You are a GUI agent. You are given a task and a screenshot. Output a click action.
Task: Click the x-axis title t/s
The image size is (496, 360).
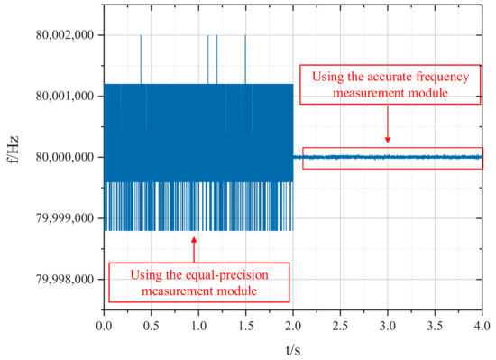point(293,347)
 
